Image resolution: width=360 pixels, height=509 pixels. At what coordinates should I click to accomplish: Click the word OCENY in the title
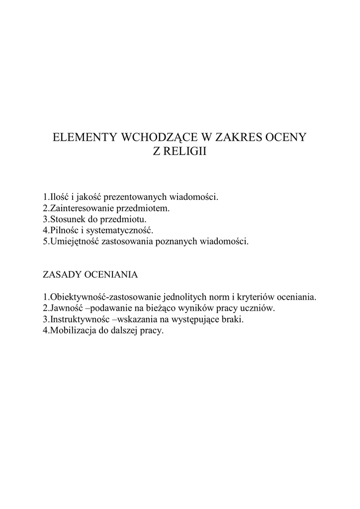pyautogui.click(x=285, y=138)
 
